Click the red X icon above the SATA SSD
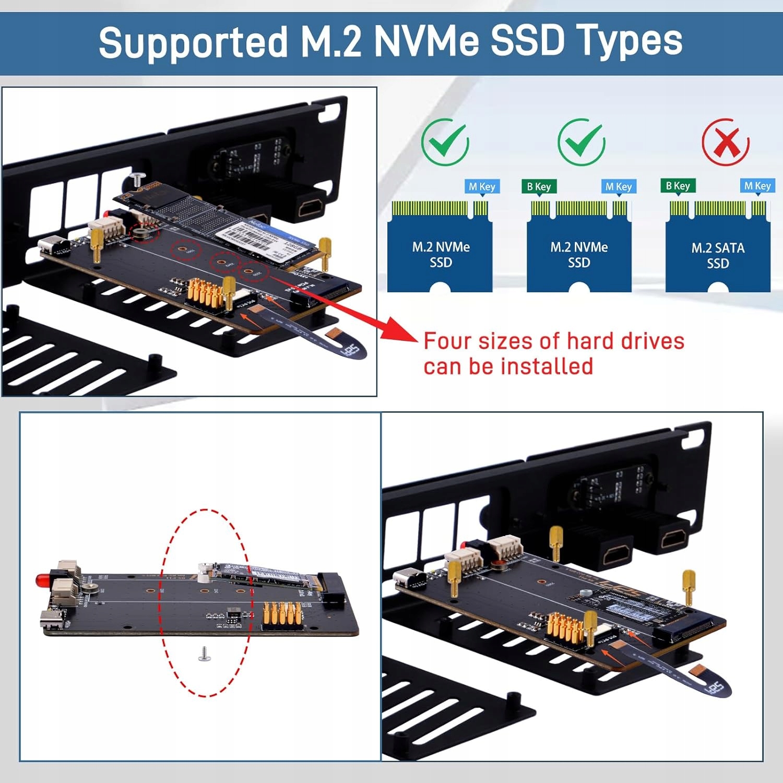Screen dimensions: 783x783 [726, 142]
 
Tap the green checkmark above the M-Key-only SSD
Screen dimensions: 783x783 [445, 142]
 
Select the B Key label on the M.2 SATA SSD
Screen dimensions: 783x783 [678, 186]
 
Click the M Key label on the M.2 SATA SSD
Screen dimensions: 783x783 [757, 186]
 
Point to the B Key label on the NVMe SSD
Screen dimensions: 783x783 [539, 186]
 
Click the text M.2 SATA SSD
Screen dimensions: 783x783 [718, 255]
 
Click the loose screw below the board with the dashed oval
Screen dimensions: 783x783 [204, 654]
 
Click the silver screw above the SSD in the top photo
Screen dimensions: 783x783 [137, 178]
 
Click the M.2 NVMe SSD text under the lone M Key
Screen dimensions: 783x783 [441, 255]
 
